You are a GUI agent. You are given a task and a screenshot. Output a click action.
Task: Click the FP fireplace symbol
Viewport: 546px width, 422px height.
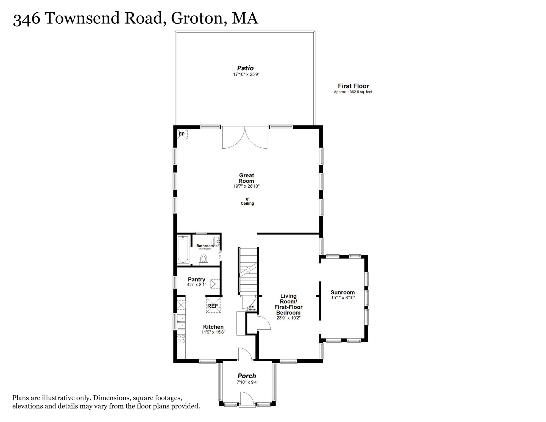coord(182,134)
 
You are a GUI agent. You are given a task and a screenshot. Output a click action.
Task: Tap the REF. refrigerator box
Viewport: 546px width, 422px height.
coord(213,306)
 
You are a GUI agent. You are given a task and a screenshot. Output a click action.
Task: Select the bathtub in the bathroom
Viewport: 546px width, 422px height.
coord(183,249)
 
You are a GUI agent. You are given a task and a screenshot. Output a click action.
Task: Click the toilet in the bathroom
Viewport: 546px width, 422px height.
coord(204,259)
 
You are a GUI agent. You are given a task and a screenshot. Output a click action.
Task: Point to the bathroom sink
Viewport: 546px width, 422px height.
coord(217,241)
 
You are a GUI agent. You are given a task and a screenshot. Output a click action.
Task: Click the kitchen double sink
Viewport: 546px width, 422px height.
coord(181,322)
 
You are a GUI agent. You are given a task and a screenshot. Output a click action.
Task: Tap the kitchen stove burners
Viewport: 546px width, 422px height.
coord(181,338)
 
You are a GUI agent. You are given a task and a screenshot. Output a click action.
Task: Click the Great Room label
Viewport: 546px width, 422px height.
coord(246,178)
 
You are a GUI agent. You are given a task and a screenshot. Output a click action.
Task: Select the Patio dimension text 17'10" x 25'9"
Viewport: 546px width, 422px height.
coord(246,74)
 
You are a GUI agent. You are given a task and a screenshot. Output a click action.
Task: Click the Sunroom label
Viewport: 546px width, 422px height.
coord(342,292)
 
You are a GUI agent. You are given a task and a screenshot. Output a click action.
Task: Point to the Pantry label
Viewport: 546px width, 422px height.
coord(196,279)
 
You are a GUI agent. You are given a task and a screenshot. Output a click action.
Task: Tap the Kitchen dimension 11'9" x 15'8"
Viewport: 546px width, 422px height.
coord(213,332)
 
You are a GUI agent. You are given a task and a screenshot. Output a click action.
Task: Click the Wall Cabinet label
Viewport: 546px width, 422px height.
coord(252,308)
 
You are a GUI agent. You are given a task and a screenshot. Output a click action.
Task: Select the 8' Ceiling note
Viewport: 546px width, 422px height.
coord(247,201)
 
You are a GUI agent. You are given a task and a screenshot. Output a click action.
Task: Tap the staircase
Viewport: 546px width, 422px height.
coord(248,271)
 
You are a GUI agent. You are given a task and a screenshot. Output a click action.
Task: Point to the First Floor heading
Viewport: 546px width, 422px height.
coord(353,86)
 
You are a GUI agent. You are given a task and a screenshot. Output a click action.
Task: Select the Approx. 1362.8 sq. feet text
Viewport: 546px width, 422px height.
coord(353,92)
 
